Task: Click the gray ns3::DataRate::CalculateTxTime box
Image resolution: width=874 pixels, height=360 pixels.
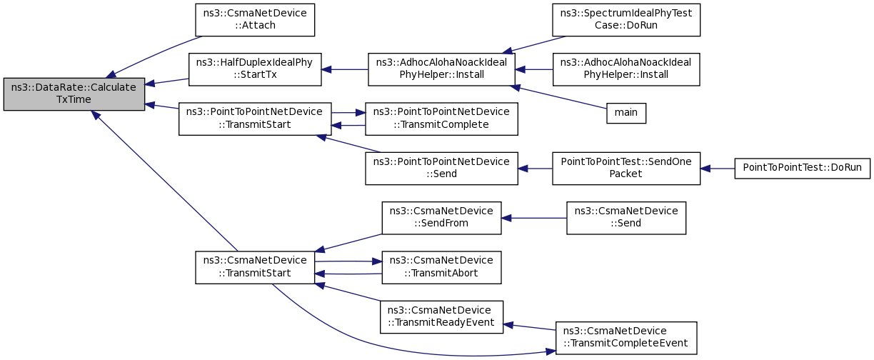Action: pos(74,94)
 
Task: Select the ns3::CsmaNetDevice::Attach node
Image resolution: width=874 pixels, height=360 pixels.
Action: pos(255,20)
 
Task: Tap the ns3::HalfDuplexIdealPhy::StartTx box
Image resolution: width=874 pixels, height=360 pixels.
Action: pos(255,69)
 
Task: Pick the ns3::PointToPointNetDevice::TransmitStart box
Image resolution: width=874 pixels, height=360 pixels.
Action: pos(255,119)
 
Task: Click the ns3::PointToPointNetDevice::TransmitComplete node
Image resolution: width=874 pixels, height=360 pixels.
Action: pos(441,119)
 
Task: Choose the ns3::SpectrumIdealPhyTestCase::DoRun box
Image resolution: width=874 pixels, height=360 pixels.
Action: pos(626,20)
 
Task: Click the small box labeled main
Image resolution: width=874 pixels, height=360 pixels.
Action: pos(626,114)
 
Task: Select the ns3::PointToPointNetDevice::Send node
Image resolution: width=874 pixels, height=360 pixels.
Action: pos(441,169)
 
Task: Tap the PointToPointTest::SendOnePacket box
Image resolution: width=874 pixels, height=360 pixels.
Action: pos(626,169)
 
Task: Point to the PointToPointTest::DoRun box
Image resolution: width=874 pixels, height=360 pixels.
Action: pos(802,169)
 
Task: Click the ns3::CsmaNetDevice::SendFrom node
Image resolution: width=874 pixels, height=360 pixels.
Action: pos(441,218)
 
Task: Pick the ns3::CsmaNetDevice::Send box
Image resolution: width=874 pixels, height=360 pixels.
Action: pos(626,218)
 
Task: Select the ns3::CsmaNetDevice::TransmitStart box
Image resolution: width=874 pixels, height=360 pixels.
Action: pos(255,267)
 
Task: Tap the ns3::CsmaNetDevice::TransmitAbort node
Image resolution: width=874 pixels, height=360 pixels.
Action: pos(441,267)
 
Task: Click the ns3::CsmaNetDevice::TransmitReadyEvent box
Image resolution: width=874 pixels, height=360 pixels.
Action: pos(441,317)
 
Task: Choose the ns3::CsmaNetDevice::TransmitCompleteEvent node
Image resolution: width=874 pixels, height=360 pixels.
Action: pos(626,338)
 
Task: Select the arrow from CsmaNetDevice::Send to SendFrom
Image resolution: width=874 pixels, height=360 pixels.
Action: pos(534,218)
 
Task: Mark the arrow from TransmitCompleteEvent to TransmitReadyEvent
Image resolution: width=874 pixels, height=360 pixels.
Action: pos(529,327)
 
